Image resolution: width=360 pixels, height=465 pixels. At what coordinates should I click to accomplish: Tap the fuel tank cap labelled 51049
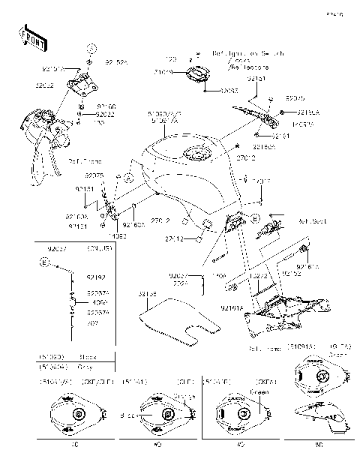(199, 75)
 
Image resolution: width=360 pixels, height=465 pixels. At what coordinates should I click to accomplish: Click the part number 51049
(163, 72)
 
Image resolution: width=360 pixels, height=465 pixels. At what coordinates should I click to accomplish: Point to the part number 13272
(260, 276)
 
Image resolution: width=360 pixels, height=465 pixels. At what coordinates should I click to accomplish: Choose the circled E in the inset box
(46, 263)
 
